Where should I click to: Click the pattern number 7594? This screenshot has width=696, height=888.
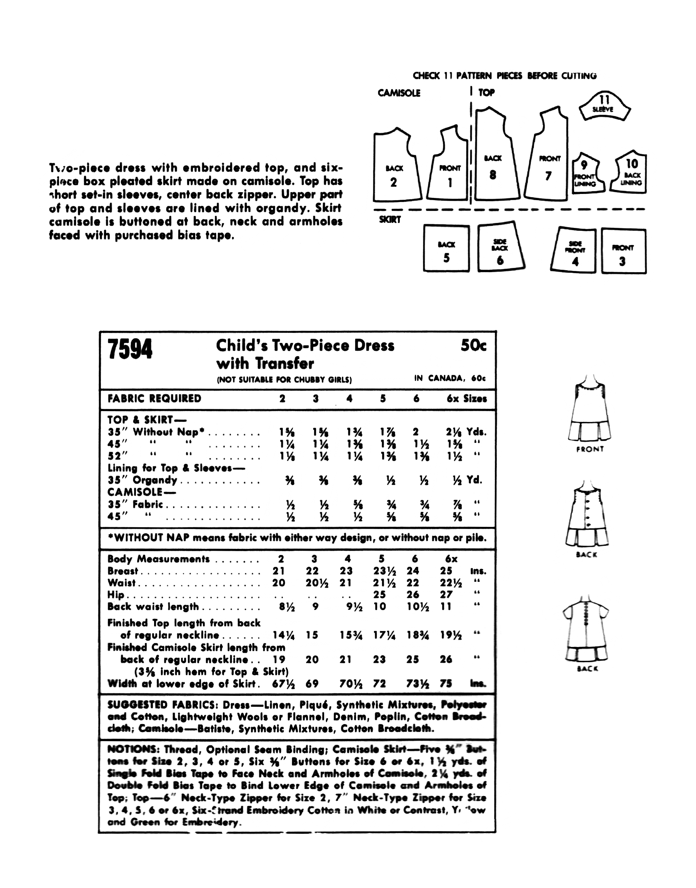[130, 350]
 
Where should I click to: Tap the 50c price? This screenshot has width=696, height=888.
[473, 346]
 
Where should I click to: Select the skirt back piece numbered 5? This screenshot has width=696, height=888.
[446, 248]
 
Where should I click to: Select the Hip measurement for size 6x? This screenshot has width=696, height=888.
[446, 595]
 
